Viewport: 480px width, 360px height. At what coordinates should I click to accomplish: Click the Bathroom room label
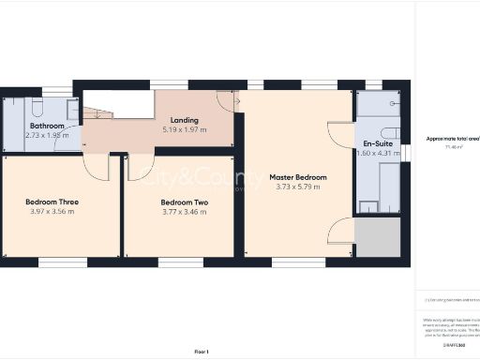click(x=46, y=126)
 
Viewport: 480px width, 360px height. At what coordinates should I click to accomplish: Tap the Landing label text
click(x=183, y=120)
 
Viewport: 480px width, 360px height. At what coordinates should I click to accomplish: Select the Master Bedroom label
click(x=298, y=177)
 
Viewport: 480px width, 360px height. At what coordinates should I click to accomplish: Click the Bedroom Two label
click(x=183, y=202)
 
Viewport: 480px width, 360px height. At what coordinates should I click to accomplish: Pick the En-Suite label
click(x=379, y=143)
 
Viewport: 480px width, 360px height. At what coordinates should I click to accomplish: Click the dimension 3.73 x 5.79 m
click(x=298, y=187)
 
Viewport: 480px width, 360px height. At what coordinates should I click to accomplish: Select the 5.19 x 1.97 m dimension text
click(x=183, y=129)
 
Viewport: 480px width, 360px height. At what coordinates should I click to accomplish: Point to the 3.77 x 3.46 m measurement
click(x=183, y=212)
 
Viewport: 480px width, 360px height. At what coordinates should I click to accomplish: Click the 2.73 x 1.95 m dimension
click(x=46, y=135)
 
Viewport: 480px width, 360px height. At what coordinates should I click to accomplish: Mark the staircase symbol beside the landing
click(x=97, y=114)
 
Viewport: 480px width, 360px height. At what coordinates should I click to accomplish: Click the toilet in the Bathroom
click(x=35, y=103)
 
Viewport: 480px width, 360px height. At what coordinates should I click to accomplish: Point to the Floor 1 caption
click(x=201, y=351)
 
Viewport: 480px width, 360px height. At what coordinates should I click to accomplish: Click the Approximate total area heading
click(x=452, y=138)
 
